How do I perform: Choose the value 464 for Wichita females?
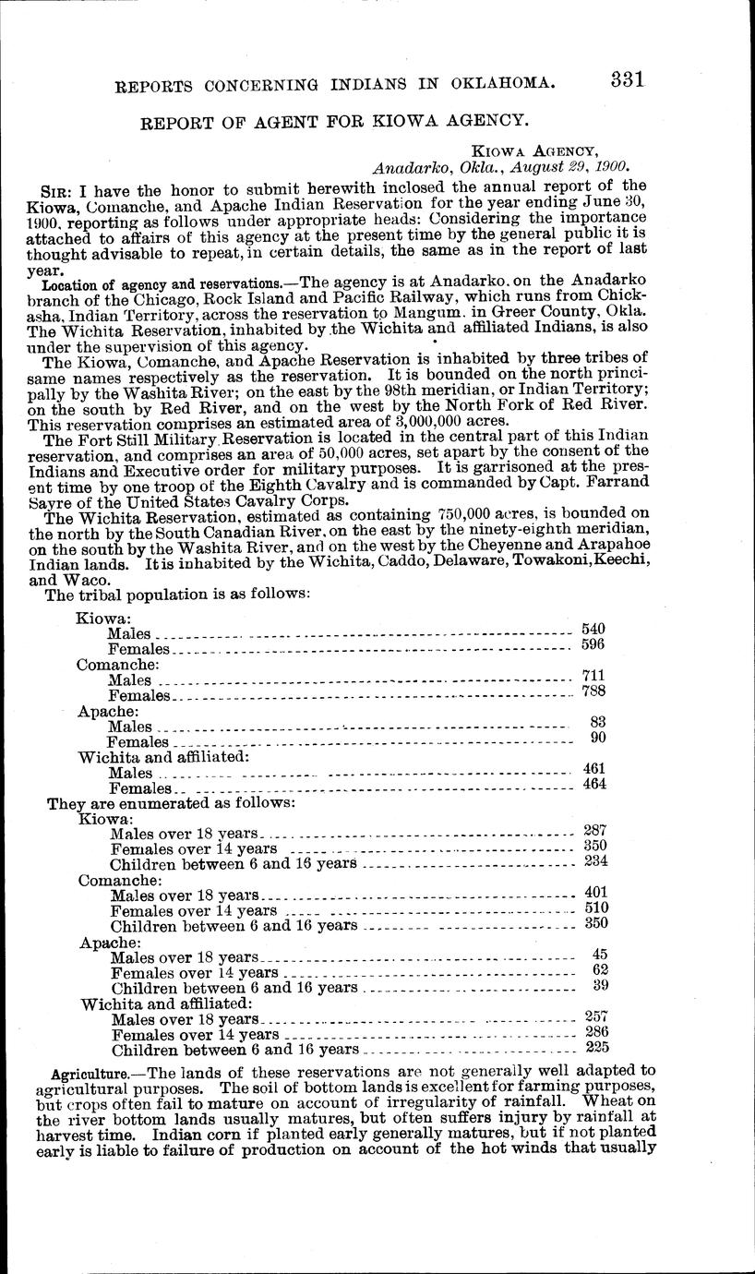[x=593, y=784]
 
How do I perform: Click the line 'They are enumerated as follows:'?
[x=171, y=803]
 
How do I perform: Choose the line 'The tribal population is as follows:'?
[x=178, y=595]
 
